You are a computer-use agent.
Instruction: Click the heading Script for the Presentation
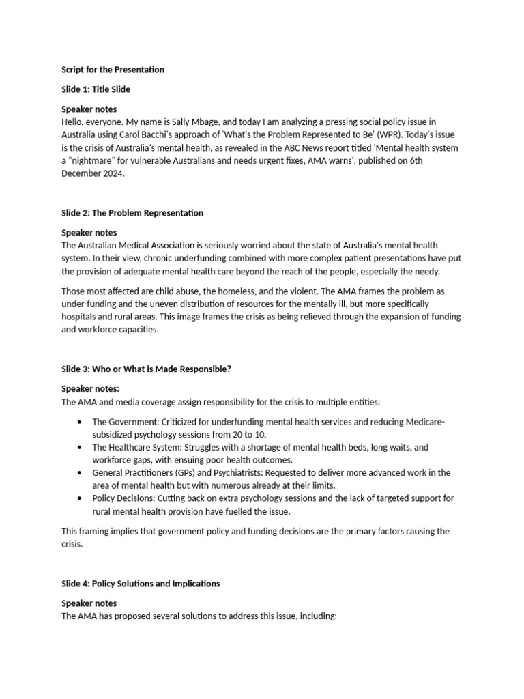pyautogui.click(x=113, y=70)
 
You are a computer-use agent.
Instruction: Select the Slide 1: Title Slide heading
pyautogui.click(x=96, y=89)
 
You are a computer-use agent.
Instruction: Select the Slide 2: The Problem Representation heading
pyautogui.click(x=132, y=213)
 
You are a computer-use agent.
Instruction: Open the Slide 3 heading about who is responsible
pyautogui.click(x=146, y=369)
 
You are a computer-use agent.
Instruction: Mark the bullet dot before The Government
pyautogui.click(x=82, y=422)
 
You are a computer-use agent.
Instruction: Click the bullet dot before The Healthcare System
pyautogui.click(x=82, y=448)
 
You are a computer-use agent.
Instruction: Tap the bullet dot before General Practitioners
pyautogui.click(x=82, y=473)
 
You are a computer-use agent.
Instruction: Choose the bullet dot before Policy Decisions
pyautogui.click(x=82, y=498)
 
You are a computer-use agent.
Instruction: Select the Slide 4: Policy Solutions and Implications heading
pyautogui.click(x=141, y=584)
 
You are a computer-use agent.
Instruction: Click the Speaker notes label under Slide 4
pyautogui.click(x=89, y=603)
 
